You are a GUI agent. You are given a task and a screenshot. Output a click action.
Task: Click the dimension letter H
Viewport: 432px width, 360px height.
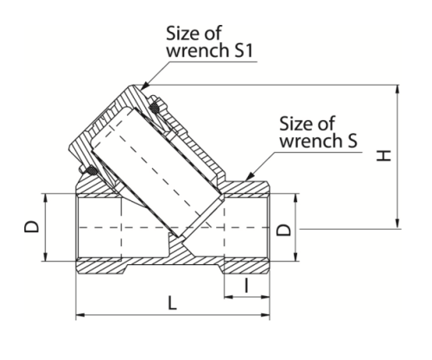click(384, 155)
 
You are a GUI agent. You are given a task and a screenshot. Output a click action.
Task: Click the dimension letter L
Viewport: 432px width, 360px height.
click(172, 303)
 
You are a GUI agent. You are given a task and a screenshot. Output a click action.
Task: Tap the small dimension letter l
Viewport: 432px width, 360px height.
click(246, 285)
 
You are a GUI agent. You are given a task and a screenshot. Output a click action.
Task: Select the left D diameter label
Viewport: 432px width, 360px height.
click(31, 226)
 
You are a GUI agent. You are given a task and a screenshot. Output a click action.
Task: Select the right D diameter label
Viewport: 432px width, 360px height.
click(283, 230)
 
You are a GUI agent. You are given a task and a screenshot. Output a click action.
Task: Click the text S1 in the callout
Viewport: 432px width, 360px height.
click(244, 50)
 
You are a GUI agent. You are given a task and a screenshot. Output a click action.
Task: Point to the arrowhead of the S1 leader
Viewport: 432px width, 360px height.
click(145, 85)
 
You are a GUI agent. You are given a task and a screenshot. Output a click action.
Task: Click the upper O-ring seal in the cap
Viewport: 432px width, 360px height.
click(155, 108)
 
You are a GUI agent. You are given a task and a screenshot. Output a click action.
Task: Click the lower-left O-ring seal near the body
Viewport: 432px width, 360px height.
click(92, 170)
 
